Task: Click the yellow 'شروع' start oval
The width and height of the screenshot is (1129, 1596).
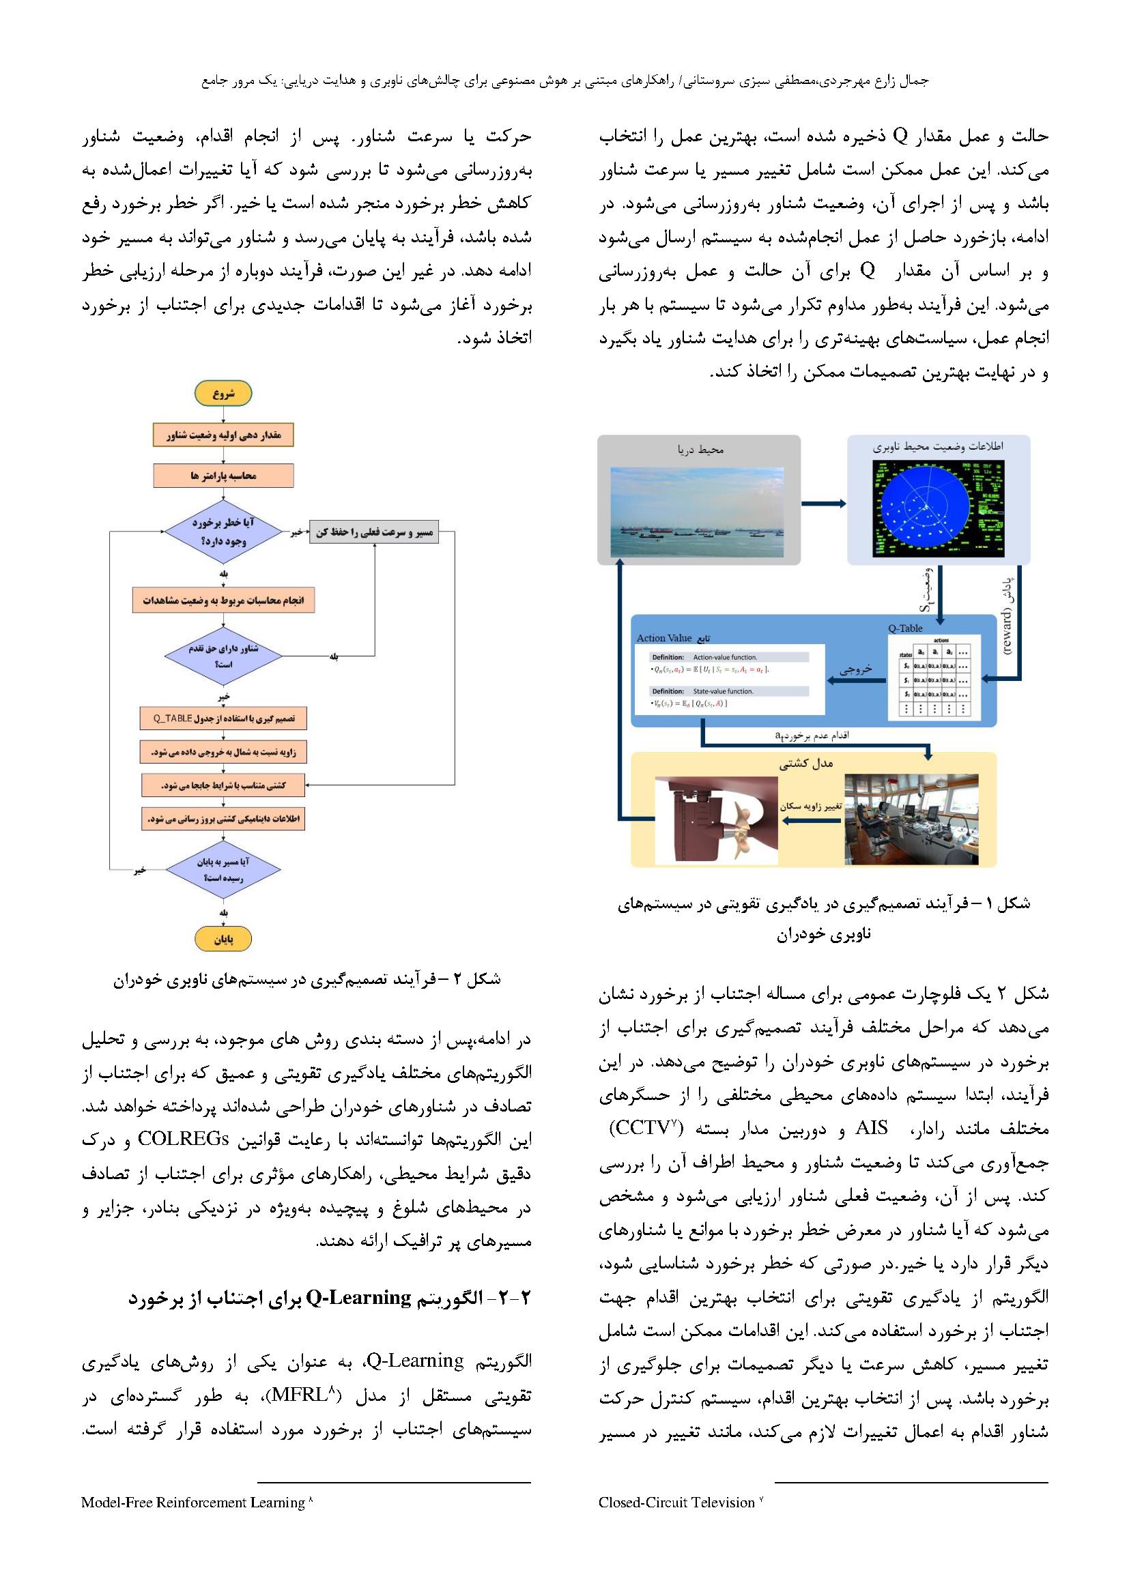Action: [223, 394]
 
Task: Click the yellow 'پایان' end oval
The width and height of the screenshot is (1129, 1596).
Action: [223, 939]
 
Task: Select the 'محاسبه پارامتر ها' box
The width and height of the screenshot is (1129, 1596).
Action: [223, 476]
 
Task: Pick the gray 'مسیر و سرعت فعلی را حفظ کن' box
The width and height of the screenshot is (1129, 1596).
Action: [373, 532]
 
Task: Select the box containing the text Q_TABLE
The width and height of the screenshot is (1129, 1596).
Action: [223, 718]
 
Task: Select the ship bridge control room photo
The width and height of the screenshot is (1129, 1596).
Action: [911, 819]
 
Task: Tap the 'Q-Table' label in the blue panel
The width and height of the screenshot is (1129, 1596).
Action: [904, 628]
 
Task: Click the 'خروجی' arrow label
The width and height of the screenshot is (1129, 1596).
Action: [855, 670]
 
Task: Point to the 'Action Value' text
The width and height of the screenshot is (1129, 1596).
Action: [664, 638]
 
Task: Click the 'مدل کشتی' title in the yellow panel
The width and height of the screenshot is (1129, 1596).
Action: [805, 764]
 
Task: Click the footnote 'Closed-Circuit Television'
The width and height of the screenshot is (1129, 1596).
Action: [676, 1503]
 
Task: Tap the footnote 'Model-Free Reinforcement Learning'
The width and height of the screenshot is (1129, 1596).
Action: [192, 1503]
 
